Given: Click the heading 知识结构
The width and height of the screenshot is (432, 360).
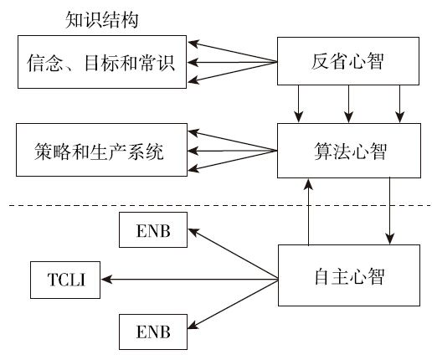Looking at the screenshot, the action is click(101, 20).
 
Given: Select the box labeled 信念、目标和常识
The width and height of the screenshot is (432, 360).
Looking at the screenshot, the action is click(102, 62).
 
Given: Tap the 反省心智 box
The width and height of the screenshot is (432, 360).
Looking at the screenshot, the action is click(348, 61).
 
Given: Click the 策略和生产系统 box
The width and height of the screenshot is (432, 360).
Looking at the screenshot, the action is click(101, 150).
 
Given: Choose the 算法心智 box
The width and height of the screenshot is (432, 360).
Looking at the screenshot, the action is click(349, 151).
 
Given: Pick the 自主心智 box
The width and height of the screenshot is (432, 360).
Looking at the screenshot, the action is click(349, 275).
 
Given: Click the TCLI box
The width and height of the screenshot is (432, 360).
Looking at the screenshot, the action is click(65, 280).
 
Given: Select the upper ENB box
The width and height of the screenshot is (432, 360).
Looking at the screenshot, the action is click(153, 229).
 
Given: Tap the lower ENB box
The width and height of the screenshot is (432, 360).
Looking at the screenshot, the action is click(153, 332).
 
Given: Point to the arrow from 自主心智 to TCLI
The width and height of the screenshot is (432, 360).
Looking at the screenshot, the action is click(190, 279).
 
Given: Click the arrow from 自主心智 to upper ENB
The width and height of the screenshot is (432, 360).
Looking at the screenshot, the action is click(233, 254).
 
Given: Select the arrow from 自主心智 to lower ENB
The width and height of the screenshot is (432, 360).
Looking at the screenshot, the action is click(233, 305).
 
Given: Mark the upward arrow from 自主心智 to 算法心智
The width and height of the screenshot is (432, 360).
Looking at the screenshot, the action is click(308, 212).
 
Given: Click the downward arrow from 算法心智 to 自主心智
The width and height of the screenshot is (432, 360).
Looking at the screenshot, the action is click(390, 211).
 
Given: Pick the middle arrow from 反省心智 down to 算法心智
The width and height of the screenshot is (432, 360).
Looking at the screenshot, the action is click(348, 104).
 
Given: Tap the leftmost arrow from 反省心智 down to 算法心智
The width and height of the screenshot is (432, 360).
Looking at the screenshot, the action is click(299, 104).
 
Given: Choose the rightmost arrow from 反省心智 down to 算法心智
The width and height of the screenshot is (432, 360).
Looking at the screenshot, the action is click(400, 104).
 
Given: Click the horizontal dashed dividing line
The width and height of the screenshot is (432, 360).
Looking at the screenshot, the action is click(220, 206).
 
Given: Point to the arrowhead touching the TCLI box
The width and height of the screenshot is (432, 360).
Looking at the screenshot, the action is click(106, 279).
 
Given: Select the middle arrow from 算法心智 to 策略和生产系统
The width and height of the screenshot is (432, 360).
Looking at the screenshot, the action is click(233, 151).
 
